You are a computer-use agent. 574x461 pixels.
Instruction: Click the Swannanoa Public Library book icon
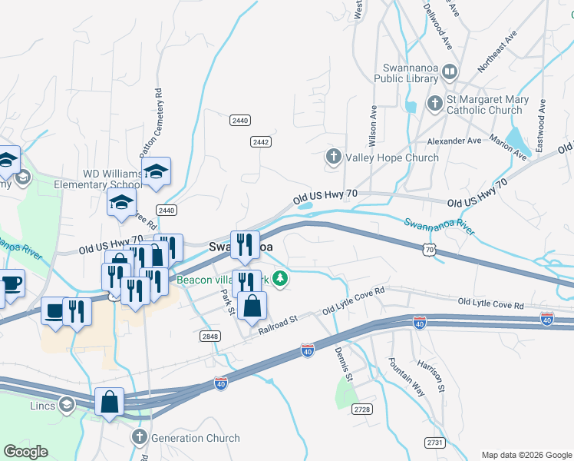(x=450, y=72)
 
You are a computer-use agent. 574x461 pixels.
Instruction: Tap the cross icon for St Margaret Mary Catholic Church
(x=434, y=103)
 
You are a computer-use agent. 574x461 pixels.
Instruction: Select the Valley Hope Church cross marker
(x=333, y=158)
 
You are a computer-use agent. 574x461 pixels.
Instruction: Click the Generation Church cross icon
(x=139, y=438)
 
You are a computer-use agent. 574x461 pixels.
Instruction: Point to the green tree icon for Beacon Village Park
(x=282, y=280)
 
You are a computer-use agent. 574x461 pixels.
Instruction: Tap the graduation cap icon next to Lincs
(x=67, y=404)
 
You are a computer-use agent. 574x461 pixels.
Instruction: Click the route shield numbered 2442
(x=261, y=142)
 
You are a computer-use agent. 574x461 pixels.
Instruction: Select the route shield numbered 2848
(x=210, y=337)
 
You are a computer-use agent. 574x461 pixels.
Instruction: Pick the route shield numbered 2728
(x=362, y=410)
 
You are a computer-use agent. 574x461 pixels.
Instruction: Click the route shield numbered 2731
(x=435, y=442)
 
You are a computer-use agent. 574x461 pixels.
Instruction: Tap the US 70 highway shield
(x=430, y=249)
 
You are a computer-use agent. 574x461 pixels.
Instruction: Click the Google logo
(x=25, y=452)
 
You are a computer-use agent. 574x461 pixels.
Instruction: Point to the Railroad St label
(x=277, y=323)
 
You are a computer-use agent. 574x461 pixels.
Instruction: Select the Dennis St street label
(x=343, y=364)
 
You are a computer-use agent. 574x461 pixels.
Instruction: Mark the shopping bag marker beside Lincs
(x=110, y=402)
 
